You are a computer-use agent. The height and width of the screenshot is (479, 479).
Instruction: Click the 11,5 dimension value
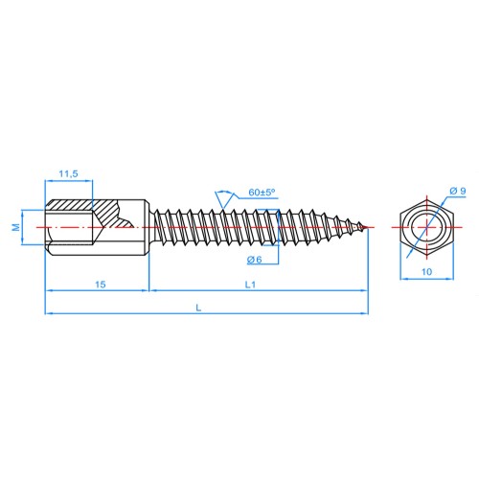pos(68,174)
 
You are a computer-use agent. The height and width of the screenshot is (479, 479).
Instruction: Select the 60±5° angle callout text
pos(262,193)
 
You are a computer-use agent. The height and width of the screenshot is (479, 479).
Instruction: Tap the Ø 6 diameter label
pos(254,260)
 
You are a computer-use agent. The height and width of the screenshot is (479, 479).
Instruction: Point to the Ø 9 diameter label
pos(458,191)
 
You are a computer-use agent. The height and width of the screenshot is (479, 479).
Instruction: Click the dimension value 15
pos(101,285)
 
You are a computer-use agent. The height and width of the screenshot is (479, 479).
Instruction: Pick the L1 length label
pos(250,285)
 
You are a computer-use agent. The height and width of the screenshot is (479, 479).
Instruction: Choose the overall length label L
pos(198,308)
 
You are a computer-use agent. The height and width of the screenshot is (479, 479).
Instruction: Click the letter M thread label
pos(16,227)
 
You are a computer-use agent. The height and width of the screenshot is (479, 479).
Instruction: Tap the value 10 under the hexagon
pos(426,272)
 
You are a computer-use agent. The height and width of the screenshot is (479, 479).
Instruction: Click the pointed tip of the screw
pos(367,227)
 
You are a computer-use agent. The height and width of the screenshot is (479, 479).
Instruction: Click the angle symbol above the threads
pos(223,199)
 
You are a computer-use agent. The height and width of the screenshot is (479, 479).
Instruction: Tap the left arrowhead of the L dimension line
pos(49,313)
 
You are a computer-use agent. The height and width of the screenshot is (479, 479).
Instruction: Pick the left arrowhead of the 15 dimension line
pos(49,290)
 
